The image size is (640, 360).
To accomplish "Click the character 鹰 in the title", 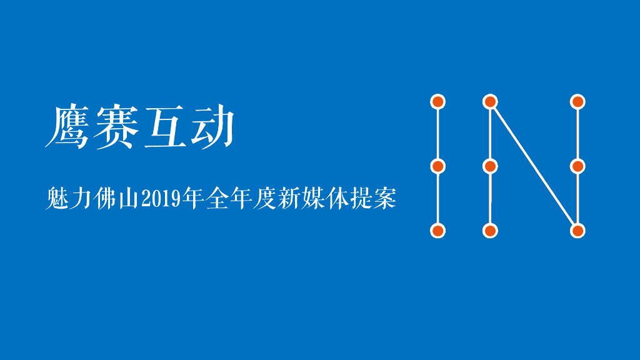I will click(67, 127).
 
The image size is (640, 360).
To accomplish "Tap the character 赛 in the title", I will click(115, 127).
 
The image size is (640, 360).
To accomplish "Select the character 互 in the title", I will click(164, 127).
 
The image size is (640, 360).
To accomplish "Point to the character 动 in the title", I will click(212, 127).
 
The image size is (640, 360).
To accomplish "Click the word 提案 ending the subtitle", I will click(374, 199).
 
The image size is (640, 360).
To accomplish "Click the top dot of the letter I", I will click(438, 101).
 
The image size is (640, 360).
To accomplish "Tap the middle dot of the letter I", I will click(438, 166).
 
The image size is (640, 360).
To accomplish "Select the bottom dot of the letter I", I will click(438, 231).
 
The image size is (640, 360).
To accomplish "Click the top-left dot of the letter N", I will click(491, 101).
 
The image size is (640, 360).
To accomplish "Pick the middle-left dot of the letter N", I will click(491, 166).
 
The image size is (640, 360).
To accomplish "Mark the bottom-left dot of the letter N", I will click(491, 231).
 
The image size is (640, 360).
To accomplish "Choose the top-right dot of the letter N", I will click(577, 101).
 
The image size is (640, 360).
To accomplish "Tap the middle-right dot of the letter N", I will click(577, 166).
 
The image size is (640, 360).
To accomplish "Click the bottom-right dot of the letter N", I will click(577, 231).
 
